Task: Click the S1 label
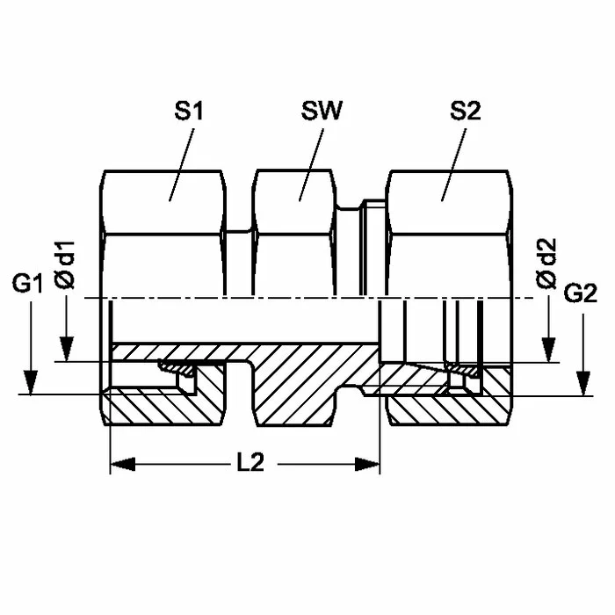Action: click(189, 111)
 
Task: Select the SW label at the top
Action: click(322, 111)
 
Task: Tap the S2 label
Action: click(465, 111)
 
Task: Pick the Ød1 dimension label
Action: click(65, 265)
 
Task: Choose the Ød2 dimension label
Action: click(546, 264)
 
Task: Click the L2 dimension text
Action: click(250, 463)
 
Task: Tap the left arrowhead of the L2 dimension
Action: click(123, 464)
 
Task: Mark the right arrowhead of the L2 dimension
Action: click(367, 464)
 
